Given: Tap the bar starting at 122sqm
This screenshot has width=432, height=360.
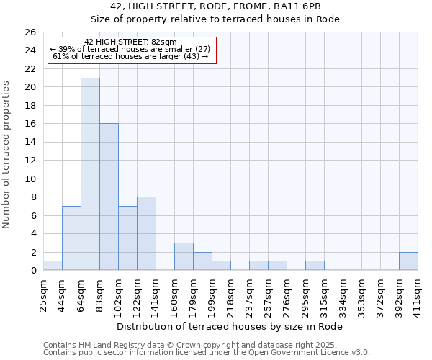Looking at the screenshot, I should [146, 233].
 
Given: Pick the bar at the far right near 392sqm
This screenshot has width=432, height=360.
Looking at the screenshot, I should [408, 261].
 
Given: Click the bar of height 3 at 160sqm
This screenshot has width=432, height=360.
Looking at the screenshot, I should [184, 256].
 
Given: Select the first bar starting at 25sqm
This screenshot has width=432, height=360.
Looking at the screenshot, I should [53, 266].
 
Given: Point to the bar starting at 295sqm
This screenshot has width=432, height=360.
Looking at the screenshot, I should [315, 266].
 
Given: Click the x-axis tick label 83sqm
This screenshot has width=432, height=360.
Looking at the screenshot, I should [99, 294].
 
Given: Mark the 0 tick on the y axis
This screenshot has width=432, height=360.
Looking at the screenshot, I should [33, 271].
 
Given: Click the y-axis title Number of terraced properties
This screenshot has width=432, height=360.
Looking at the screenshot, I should [7, 155].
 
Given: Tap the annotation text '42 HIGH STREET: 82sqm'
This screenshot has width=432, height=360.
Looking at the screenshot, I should [130, 42].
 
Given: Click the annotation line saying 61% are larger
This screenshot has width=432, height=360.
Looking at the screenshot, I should [130, 57].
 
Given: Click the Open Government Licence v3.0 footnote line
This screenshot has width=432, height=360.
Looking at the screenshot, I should [207, 353].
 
